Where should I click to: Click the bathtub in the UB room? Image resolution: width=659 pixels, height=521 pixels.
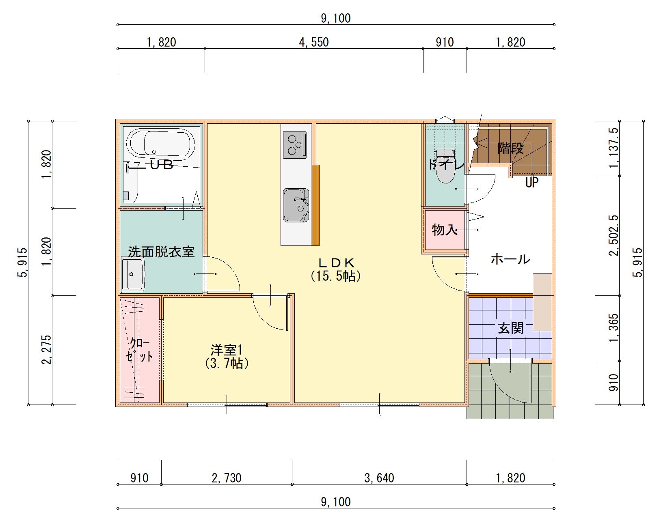click(x=161, y=144)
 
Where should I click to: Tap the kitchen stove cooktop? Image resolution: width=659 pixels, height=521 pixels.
click(x=295, y=145)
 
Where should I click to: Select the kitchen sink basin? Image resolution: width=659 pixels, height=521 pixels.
click(x=296, y=205)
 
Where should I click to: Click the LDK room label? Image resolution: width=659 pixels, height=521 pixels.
click(x=336, y=263)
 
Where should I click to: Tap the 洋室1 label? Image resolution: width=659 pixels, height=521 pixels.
click(x=227, y=349)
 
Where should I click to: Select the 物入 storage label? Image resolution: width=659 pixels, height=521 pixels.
click(x=444, y=230)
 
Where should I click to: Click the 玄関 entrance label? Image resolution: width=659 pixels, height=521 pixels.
click(x=510, y=328)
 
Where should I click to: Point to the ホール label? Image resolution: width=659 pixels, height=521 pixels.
click(x=510, y=259)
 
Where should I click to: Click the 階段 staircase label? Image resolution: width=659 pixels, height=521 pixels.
click(x=510, y=149)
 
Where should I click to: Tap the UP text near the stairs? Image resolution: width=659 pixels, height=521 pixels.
click(x=532, y=183)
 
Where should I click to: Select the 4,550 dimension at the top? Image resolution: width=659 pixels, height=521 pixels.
click(x=314, y=42)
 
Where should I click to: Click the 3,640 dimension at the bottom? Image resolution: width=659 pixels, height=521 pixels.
click(x=379, y=478)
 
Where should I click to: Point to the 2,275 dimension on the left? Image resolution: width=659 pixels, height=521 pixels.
click(x=46, y=350)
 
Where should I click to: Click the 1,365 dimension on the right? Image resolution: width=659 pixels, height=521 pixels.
click(x=614, y=328)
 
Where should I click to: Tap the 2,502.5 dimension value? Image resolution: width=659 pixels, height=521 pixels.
click(x=614, y=235)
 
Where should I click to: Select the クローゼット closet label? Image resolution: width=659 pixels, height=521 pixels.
click(x=139, y=350)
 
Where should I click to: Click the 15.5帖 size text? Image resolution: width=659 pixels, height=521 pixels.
click(x=336, y=276)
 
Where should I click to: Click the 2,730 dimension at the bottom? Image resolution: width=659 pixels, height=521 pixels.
click(x=227, y=478)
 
